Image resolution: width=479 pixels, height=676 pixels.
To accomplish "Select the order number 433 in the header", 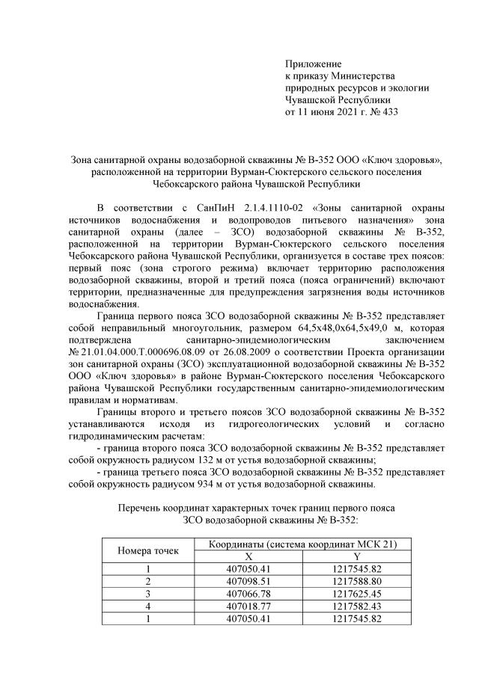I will [389, 113].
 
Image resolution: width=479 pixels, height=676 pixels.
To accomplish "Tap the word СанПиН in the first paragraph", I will [214, 206].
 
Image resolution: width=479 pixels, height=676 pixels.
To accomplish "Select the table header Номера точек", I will [147, 551].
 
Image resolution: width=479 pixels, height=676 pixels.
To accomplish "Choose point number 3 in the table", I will [147, 593].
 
